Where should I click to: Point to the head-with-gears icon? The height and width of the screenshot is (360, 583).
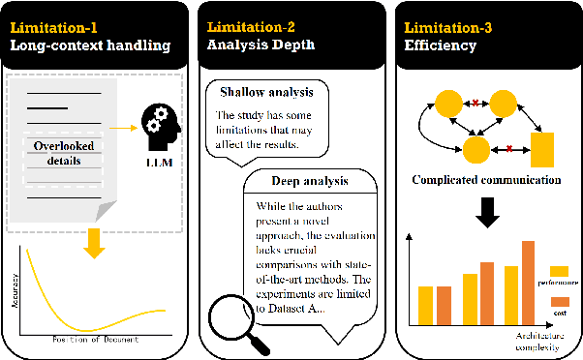159,121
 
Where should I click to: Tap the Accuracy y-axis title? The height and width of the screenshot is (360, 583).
15,289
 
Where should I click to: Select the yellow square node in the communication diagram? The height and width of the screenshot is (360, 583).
542,150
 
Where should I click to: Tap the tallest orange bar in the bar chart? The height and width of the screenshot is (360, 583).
528,282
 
